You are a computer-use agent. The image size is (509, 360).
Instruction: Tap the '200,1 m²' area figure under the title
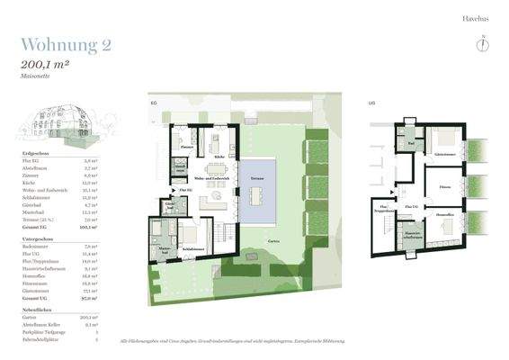(x=44, y=65)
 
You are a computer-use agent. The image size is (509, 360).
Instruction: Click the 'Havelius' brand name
(x=475, y=17)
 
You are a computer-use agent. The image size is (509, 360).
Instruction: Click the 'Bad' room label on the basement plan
(x=411, y=144)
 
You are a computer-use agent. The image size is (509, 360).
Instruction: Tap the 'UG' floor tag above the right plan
(x=372, y=103)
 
